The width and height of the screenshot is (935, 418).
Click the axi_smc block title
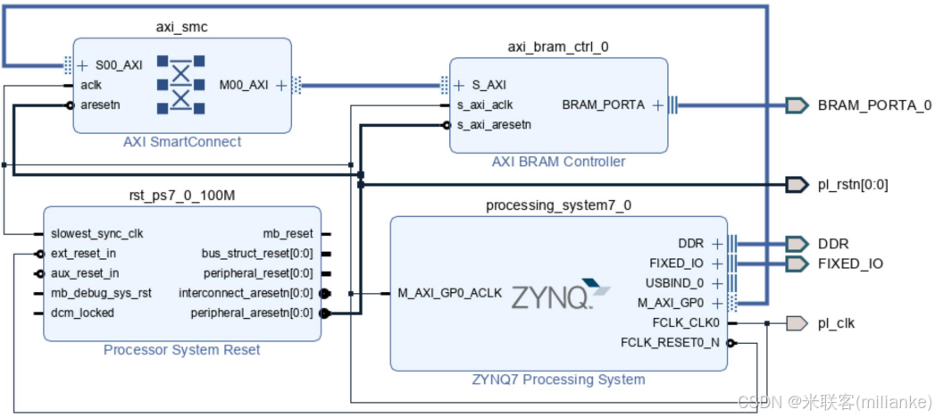[x=181, y=27]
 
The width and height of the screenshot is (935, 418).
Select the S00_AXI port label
[x=118, y=65]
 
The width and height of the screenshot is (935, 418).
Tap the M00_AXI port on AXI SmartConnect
[x=243, y=85]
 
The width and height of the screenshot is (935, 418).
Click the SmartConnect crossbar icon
[x=181, y=85]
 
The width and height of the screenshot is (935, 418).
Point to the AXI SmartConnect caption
[x=181, y=142]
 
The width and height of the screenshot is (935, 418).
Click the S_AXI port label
[x=488, y=86]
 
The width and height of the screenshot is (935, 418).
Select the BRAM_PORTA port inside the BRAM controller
[x=603, y=105]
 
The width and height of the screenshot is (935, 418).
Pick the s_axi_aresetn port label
[x=494, y=125]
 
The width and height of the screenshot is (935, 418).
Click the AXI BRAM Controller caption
[x=558, y=162]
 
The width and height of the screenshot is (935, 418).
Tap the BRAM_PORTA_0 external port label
[x=874, y=105]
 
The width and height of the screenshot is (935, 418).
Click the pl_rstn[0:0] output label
[x=853, y=185]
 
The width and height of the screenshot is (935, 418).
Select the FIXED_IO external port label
[x=850, y=263]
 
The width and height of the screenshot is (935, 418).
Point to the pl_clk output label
[x=836, y=323]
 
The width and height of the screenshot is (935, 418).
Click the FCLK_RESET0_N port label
[x=671, y=343]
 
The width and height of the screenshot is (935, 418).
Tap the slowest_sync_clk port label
[x=96, y=234]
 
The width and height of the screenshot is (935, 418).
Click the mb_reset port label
[x=288, y=234]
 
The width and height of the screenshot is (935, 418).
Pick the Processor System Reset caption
[x=181, y=350]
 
